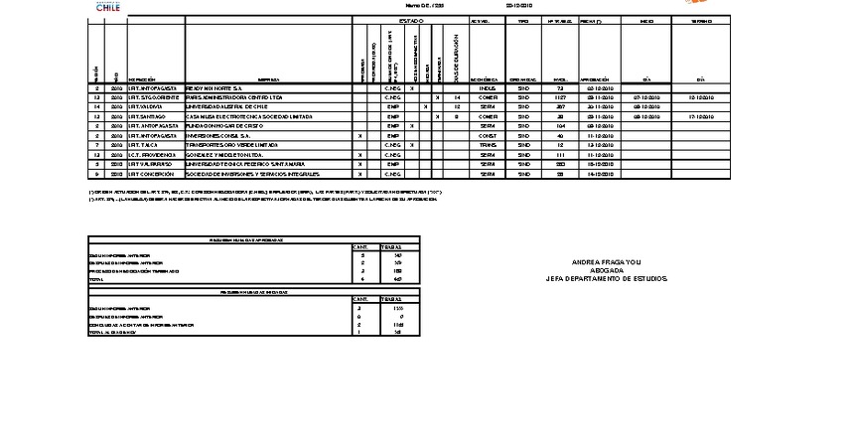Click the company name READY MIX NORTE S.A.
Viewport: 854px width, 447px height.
(209, 88)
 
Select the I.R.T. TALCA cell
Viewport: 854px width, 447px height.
(145, 145)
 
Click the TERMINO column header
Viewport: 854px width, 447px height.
(700, 20)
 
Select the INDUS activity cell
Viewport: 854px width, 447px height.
(487, 88)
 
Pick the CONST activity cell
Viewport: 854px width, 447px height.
(487, 136)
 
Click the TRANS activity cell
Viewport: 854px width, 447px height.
(487, 145)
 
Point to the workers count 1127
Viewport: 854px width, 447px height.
(560, 98)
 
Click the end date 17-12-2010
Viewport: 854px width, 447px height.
(700, 117)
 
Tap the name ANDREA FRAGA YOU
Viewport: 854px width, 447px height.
(607, 263)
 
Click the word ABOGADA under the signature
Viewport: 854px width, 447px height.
(607, 271)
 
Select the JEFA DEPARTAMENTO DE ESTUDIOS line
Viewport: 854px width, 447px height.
(607, 280)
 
